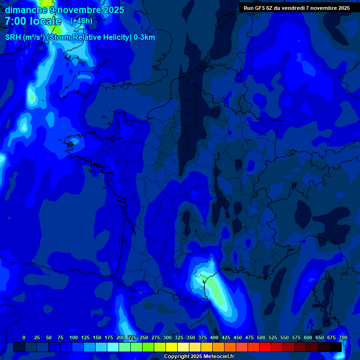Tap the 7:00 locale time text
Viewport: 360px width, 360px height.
point(33,21)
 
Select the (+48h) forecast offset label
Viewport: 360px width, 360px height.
point(81,21)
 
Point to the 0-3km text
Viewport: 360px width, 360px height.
point(144,37)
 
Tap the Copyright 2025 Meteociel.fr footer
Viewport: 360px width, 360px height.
point(199,357)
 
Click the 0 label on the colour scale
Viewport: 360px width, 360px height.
point(24,337)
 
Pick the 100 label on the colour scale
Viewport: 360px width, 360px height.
point(74,337)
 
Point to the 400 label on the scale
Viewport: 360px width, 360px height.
point(214,337)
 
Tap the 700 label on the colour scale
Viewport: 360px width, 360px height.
point(343,337)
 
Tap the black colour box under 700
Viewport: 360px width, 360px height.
point(336,347)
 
